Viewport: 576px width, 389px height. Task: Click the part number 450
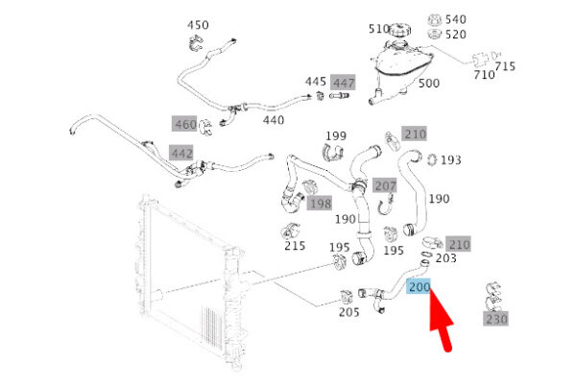(197, 24)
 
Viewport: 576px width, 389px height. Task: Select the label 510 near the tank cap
(379, 29)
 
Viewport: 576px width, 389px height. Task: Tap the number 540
(454, 19)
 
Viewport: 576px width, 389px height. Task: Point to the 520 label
(454, 35)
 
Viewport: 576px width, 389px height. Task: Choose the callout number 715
(505, 66)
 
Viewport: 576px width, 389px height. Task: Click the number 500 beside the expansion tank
(428, 84)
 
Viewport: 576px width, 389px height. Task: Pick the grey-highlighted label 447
(344, 82)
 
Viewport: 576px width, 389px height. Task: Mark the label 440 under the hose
(274, 120)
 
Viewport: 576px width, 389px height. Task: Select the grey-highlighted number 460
(184, 124)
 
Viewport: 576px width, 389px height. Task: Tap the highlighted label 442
(181, 153)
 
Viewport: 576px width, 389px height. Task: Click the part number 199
(336, 135)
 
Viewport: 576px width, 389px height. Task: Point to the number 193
(451, 159)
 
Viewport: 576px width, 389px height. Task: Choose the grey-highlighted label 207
(385, 185)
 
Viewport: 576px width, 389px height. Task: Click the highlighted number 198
(320, 203)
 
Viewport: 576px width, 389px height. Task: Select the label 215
(294, 246)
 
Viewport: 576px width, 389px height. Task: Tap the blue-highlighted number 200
(420, 286)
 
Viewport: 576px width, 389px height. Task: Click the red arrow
(442, 324)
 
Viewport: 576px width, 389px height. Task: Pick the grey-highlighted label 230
(495, 318)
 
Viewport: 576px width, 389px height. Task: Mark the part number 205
(350, 311)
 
